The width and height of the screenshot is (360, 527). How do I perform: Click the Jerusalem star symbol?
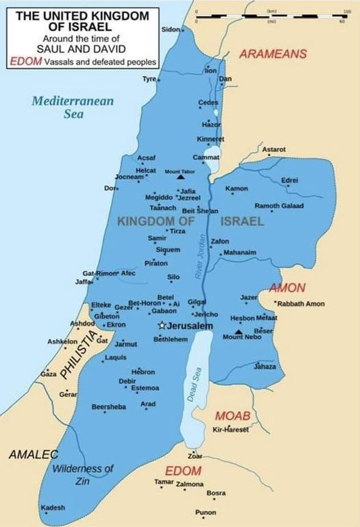coord(162,326)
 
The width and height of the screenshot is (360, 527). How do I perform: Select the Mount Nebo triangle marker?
coord(239,331)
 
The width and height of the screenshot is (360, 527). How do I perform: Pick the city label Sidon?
coord(170,29)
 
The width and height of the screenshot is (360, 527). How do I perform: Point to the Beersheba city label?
coord(109,407)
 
